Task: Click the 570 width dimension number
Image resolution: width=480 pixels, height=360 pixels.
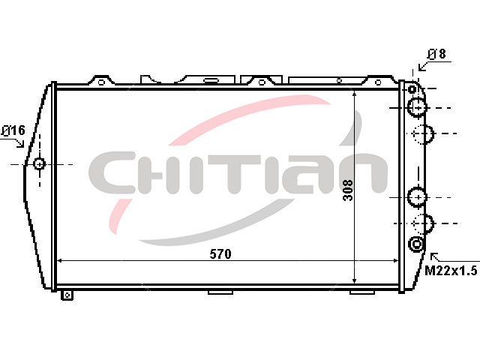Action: point(220,254)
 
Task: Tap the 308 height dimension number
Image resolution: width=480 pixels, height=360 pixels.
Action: point(348,190)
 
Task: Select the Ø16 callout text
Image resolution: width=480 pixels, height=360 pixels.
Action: point(13,130)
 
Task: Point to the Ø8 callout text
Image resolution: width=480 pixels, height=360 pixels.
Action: point(436,54)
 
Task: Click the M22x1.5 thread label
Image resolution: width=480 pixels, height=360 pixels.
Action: point(451,270)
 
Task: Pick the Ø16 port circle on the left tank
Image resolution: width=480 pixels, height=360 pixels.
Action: point(39,164)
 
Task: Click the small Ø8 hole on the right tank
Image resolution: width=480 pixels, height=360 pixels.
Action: point(412,89)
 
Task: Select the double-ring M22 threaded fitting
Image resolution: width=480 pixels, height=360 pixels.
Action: point(417,244)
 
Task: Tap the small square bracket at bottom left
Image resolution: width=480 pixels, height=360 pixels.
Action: point(67,295)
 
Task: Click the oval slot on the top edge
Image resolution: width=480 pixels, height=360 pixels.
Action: point(211,81)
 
